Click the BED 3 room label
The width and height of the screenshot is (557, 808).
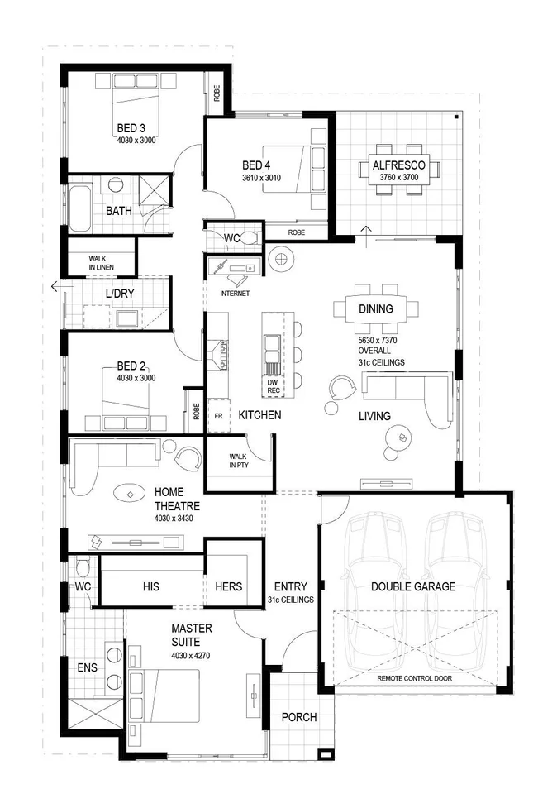point(131,128)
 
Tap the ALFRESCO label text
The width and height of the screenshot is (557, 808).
point(400,165)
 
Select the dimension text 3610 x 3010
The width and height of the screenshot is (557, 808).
point(261,177)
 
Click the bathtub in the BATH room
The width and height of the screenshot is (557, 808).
point(80,208)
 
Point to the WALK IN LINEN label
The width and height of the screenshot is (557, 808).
point(102,262)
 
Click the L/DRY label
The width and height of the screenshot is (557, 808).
point(120,293)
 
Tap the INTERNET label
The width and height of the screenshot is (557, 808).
point(235,294)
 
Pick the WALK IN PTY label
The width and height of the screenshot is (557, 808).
point(238,460)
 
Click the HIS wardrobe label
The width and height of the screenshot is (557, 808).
point(150,586)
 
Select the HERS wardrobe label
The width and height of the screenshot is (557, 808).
point(228,586)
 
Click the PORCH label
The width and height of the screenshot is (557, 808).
point(298,717)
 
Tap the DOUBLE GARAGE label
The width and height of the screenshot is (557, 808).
point(414,586)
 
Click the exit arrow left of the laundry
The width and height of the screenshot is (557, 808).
point(56,287)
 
